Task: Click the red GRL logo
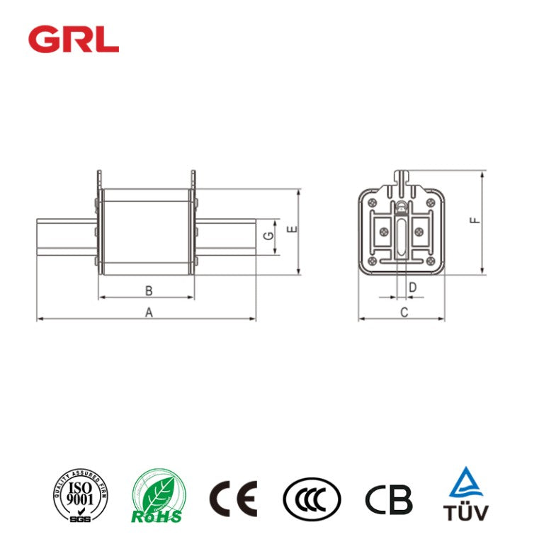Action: [x=73, y=39]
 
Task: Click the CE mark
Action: [x=232, y=498]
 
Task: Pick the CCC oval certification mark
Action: [x=311, y=499]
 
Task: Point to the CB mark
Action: [x=388, y=499]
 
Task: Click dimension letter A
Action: [x=148, y=312]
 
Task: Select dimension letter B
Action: [x=148, y=290]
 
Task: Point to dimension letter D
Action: [x=412, y=287]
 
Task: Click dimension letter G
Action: [x=268, y=236]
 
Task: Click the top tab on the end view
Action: [x=401, y=176]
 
